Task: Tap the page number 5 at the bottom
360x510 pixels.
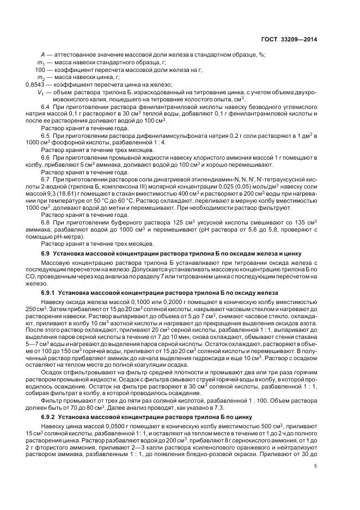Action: [x=316, y=465]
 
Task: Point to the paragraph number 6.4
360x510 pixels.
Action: [x=46, y=106]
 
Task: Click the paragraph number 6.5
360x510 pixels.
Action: [x=46, y=135]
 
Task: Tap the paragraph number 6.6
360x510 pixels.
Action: [x=46, y=157]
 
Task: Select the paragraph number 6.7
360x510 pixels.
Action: [x=46, y=179]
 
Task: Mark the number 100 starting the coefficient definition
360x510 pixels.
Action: [x=39, y=70]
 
